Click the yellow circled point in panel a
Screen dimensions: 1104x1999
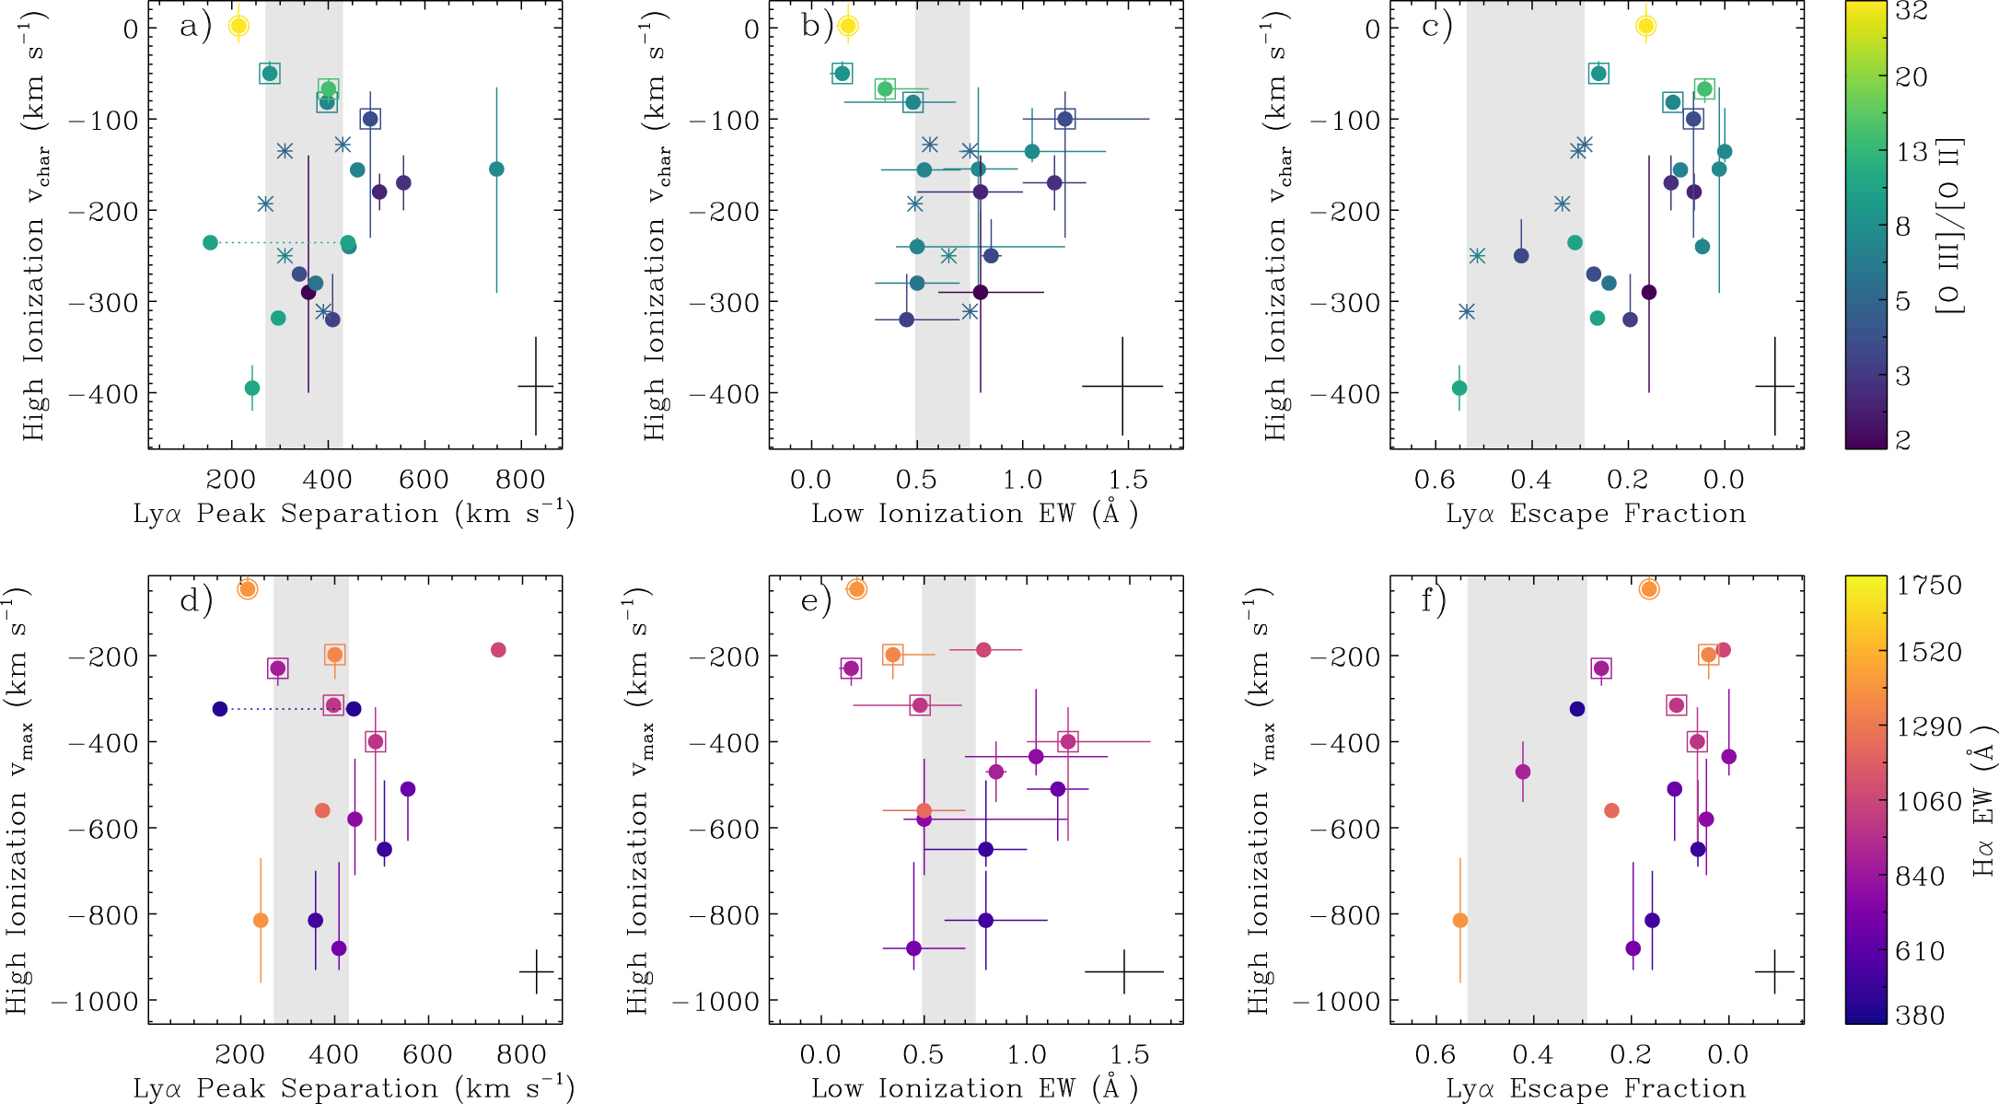(x=238, y=26)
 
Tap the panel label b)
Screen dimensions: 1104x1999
(x=816, y=26)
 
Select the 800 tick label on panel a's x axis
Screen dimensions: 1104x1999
(x=520, y=479)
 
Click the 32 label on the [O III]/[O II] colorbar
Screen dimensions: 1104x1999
(x=1912, y=11)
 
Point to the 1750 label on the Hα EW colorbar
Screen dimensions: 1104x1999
(x=1928, y=586)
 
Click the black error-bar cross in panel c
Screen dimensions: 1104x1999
(x=1774, y=387)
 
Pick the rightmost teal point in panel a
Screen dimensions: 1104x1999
(x=496, y=169)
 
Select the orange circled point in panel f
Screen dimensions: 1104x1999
(x=1649, y=589)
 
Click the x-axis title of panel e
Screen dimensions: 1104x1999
(x=974, y=1088)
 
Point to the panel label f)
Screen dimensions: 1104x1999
(x=1434, y=601)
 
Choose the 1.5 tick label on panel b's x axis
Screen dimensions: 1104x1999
(x=1128, y=479)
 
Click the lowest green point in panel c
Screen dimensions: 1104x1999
(x=1459, y=389)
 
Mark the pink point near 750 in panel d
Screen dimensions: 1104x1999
(x=498, y=650)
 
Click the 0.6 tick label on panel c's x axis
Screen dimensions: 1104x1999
(x=1435, y=479)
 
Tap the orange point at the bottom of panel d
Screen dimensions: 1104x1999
(x=261, y=921)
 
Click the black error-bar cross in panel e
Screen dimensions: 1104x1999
(x=1124, y=971)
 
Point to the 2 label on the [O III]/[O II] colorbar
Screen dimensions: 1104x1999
(x=1902, y=440)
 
